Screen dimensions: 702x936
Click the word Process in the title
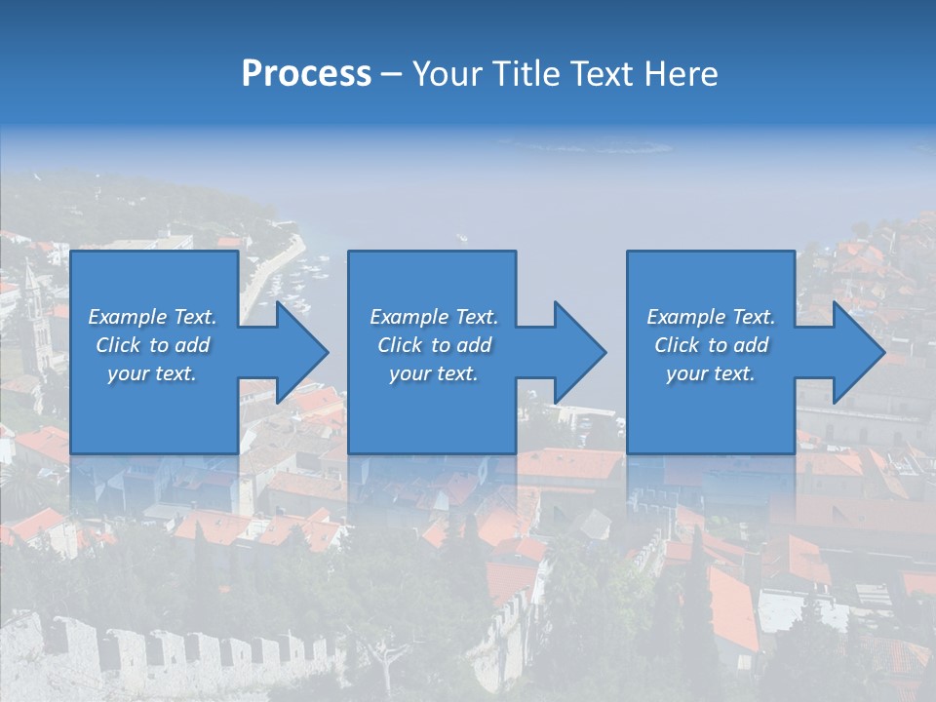point(306,74)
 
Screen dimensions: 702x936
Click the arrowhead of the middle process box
point(577,352)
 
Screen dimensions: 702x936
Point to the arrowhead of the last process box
point(856,352)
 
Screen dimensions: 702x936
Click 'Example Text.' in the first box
point(152,317)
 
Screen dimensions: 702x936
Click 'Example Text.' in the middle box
point(433,317)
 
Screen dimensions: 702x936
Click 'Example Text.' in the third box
point(711,317)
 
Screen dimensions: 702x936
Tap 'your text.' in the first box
point(152,373)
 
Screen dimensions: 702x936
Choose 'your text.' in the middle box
point(433,373)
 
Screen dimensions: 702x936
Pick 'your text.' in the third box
point(711,373)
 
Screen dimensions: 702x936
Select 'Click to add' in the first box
point(152,345)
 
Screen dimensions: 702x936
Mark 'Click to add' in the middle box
point(433,345)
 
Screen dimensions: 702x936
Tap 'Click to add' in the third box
point(711,345)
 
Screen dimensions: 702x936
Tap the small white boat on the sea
point(461,237)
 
